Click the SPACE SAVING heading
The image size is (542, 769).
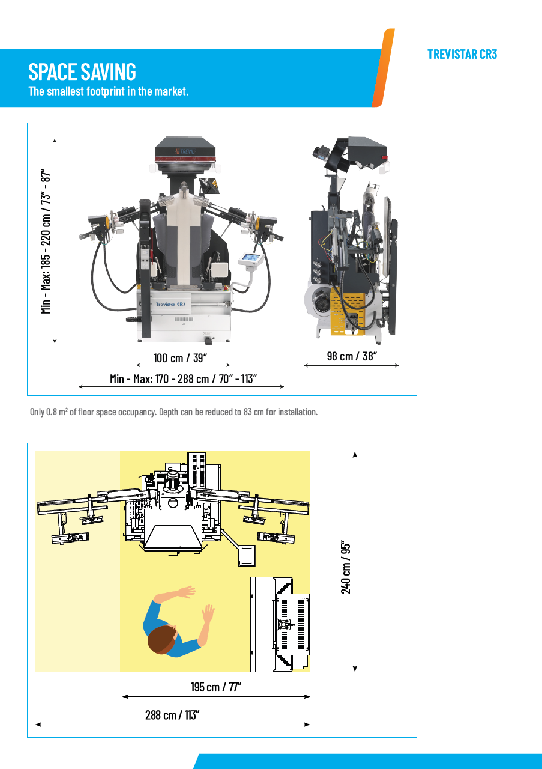pos(82,71)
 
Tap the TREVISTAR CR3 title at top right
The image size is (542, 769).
pos(462,54)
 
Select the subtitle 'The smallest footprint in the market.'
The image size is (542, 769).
pos(109,91)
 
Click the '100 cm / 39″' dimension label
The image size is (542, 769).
pos(180,357)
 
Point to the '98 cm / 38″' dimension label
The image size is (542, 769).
pos(352,356)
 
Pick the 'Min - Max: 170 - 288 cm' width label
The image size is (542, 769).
pos(183,378)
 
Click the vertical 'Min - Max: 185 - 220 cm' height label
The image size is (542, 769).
pos(46,241)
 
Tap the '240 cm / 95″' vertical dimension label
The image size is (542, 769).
pos(346,568)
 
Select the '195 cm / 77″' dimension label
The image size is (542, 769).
pos(215,687)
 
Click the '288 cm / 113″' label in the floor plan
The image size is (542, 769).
pos(172,715)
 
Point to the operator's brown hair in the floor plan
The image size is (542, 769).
pos(162,639)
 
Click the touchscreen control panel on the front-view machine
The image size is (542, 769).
pos(251,259)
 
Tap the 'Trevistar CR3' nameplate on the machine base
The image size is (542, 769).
pos(170,304)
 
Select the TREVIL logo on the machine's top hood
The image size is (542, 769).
pos(185,151)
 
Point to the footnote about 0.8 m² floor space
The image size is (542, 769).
pos(173,412)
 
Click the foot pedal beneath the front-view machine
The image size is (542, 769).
pos(208,341)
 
